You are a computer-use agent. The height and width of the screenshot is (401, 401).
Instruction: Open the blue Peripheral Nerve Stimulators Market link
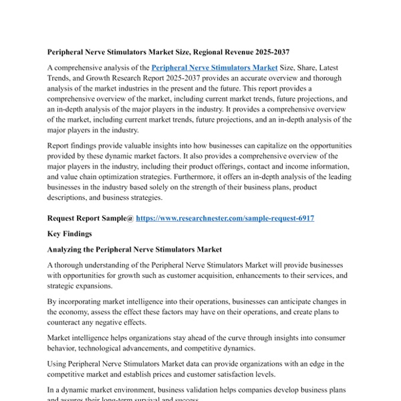point(214,68)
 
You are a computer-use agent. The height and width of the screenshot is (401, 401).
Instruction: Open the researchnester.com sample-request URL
point(225,219)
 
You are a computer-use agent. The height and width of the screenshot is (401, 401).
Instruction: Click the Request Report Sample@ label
point(90,219)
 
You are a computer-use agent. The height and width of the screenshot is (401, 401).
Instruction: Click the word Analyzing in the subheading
point(68,249)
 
